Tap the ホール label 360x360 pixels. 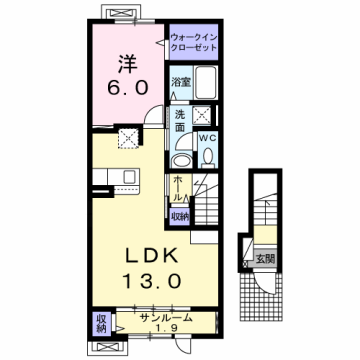177,188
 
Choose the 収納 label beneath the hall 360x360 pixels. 179,215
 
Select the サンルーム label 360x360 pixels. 165,319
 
